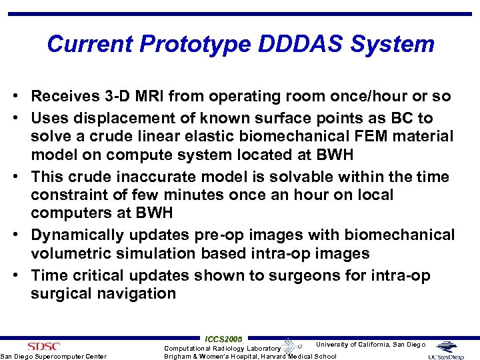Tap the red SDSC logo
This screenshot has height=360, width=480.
coord(43,346)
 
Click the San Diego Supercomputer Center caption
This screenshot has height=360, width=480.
coord(53,356)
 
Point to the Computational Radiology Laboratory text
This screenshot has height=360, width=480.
coord(222,348)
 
